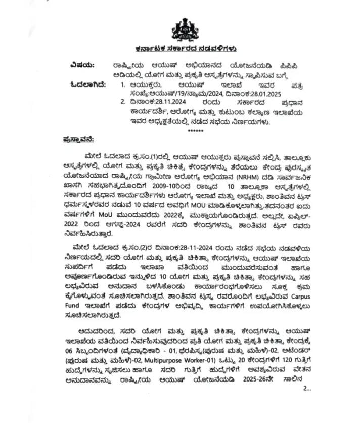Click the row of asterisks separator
[x=195, y=131]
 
